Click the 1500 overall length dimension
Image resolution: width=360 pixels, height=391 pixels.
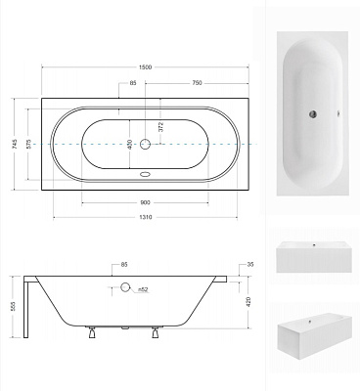coord(145,67)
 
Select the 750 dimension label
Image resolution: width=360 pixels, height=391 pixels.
coord(197,83)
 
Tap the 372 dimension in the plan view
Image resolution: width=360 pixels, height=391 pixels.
coord(160,126)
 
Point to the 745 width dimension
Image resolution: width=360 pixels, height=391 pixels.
coord(14,144)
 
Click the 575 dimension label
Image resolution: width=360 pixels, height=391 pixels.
coord(28,144)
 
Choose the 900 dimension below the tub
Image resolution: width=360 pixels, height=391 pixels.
coord(145,202)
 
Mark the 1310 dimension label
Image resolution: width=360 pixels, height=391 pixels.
coord(145,217)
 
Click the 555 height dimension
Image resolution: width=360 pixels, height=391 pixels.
coord(14,307)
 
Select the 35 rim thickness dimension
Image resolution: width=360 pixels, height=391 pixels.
coord(249,265)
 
